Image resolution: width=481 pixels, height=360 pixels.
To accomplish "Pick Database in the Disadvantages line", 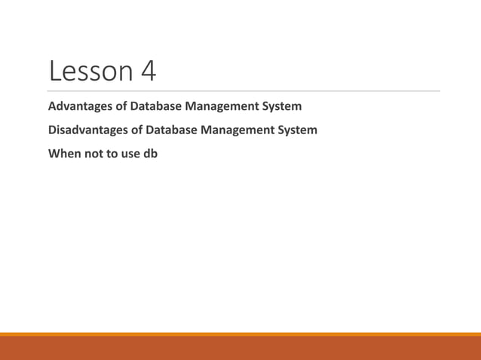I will (176, 130).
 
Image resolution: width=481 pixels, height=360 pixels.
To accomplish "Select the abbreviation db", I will (150, 154).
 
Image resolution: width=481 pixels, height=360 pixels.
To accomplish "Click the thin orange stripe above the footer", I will (240, 334).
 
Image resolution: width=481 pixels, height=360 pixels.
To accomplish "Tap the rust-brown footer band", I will (240, 349).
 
